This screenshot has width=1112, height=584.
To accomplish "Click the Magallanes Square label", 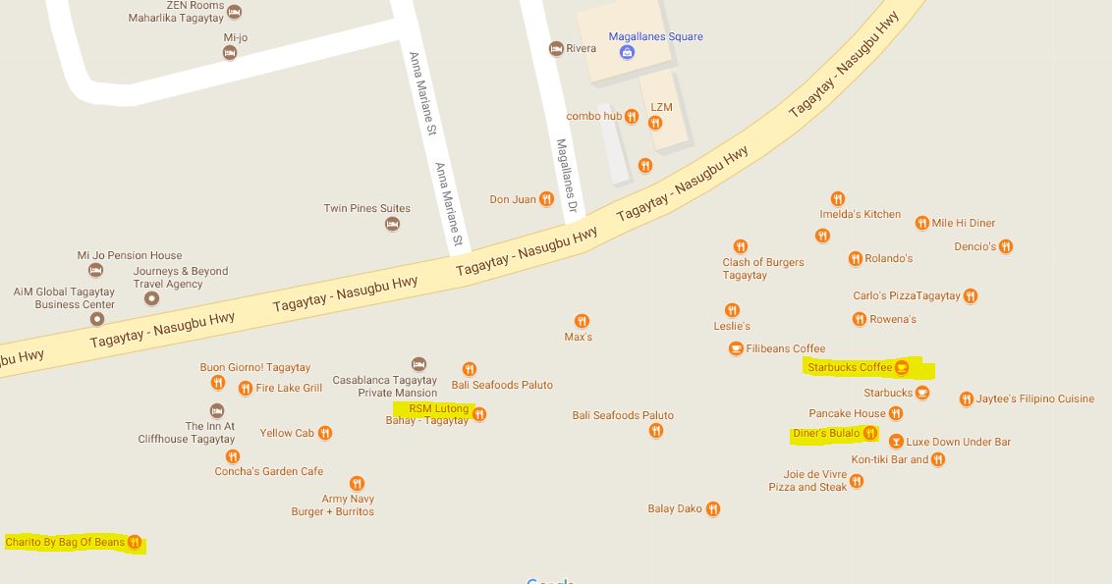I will tap(655, 37).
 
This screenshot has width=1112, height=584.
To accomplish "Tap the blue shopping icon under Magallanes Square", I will tap(627, 52).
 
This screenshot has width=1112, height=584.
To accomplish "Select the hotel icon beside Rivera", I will tap(556, 49).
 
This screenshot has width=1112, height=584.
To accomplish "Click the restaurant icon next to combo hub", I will tap(632, 117).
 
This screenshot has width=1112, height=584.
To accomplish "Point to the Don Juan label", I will tap(513, 199).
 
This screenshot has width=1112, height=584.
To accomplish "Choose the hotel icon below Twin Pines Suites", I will tap(392, 224).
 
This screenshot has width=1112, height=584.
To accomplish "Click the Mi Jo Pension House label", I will tap(130, 255).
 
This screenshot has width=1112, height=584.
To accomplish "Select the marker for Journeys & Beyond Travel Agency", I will tap(151, 297).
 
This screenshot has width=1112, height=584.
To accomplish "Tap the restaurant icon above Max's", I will tap(582, 321).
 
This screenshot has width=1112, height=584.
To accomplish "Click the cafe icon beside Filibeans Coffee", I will tap(736, 348).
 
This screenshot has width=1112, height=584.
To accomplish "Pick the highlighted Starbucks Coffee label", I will tap(850, 367).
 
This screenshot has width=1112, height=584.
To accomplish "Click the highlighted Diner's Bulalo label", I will tap(826, 433).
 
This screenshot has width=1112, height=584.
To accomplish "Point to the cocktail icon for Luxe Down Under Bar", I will tap(896, 442).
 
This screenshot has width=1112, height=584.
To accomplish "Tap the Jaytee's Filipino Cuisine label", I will tap(1034, 398).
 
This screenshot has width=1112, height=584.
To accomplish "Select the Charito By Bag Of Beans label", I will tap(65, 542).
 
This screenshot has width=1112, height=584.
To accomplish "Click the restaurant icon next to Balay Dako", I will tap(713, 508).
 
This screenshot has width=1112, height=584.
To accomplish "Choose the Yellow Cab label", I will tap(287, 433).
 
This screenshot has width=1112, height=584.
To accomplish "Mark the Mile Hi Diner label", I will tap(963, 223).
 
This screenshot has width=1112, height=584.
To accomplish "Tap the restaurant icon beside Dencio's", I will tap(1006, 246).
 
